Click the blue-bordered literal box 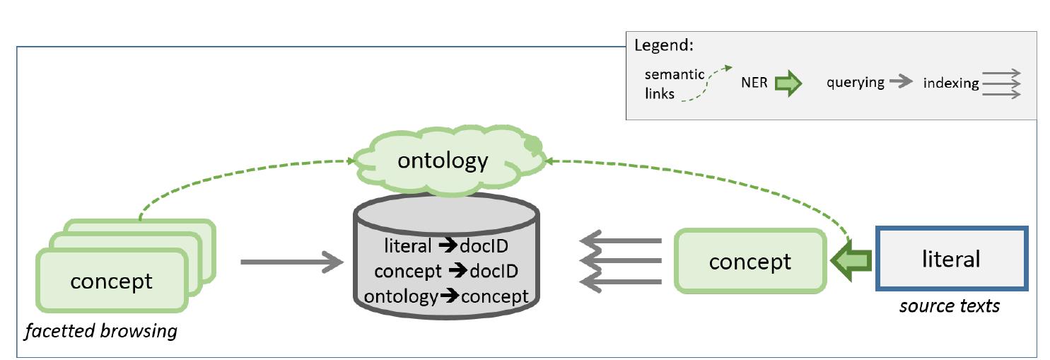pos(951,259)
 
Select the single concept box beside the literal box pos(750,261)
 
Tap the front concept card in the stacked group pos(112,281)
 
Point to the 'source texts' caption pos(949,306)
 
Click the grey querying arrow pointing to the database pos(291,262)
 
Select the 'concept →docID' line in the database pos(446,271)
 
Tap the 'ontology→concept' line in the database pos(446,296)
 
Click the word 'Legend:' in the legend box pos(663,46)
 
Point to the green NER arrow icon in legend pos(788,83)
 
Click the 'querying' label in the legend pos(856,82)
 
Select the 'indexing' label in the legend pos(950,83)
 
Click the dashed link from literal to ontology pos(707,170)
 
